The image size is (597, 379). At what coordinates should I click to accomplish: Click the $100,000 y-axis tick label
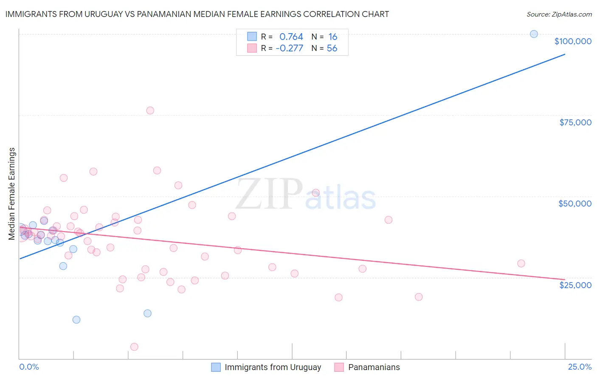tap(573, 41)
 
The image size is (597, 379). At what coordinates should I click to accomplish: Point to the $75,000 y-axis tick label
tap(575, 122)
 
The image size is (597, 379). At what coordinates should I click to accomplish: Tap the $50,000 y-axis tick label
tap(574, 204)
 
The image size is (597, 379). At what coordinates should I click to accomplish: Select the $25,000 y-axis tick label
tap(575, 285)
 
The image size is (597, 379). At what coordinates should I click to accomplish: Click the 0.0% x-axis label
tap(29, 367)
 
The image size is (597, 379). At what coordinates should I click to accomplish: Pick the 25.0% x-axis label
tap(580, 367)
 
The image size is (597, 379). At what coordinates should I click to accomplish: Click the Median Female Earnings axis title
tap(12, 194)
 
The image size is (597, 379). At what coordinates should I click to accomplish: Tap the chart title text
tap(197, 14)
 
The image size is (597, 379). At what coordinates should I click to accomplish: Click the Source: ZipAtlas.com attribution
tap(559, 14)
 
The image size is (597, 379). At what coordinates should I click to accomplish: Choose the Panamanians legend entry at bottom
tap(374, 367)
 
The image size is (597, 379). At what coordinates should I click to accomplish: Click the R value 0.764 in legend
tap(291, 37)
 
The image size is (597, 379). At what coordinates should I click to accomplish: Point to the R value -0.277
tap(289, 48)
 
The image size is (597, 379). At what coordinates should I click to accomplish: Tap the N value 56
tap(332, 48)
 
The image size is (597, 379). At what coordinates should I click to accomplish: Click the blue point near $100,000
tap(534, 34)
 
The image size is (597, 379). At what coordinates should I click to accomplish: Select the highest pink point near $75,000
tap(150, 110)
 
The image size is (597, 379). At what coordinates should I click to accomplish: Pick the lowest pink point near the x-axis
tap(134, 347)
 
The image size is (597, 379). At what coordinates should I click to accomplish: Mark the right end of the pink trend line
tap(565, 280)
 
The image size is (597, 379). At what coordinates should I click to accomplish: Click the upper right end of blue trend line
tap(565, 54)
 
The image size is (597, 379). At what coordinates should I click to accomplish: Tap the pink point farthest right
tap(521, 263)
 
